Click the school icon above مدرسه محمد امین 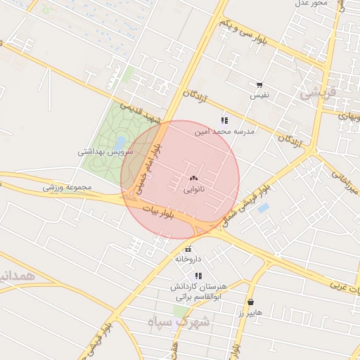(224, 120)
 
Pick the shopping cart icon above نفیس (260, 84)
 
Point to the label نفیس (261, 94)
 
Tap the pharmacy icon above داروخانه (188, 249)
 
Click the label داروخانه (188, 259)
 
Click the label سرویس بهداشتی (102, 152)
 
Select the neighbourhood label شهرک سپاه (179, 322)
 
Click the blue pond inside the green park (120, 143)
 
